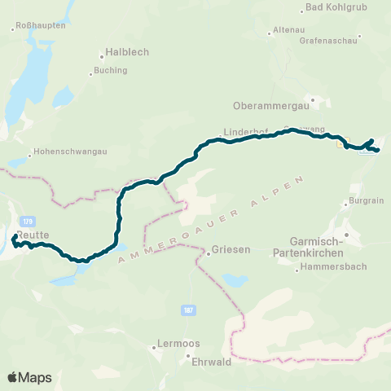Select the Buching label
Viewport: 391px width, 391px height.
[x=111, y=70]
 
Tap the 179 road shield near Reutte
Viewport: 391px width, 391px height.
[x=29, y=222]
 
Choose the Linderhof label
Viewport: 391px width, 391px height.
[x=246, y=132]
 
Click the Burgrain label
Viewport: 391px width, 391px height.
[x=366, y=200]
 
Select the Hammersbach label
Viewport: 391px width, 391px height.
[x=333, y=266]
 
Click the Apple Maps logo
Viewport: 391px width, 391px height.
[x=29, y=377]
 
